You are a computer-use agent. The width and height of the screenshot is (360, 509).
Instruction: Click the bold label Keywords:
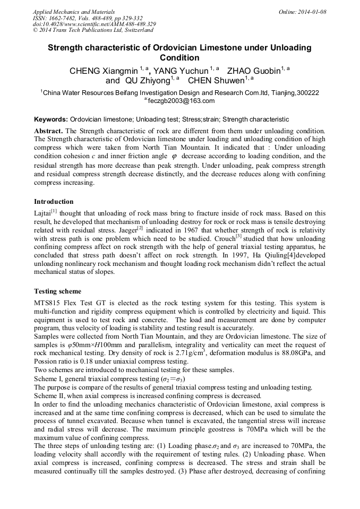[50, 119]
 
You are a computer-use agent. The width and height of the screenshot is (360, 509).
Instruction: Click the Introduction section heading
[54, 202]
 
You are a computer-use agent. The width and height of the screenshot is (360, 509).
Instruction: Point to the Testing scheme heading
[57, 291]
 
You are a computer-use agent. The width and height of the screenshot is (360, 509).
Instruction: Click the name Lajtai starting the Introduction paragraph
[42, 212]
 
